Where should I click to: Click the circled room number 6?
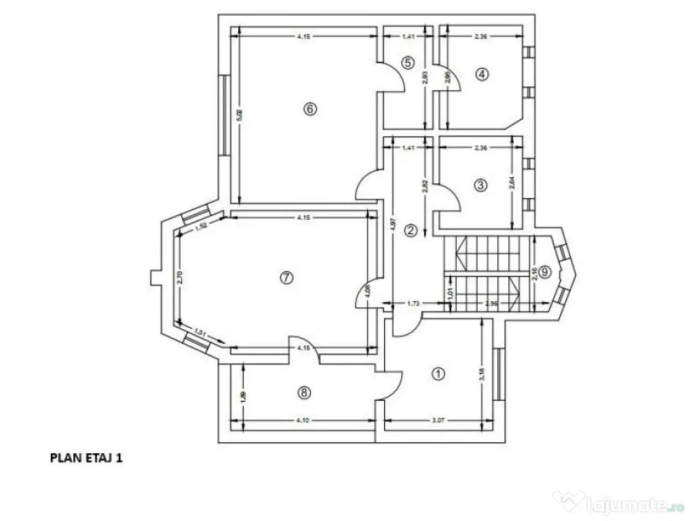pos(309,109)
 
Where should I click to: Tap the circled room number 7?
pos(286,277)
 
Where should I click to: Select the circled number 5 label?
pos(407,63)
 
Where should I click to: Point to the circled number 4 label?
pos(481,74)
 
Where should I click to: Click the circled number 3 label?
pos(480,185)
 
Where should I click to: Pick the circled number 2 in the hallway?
pos(410,231)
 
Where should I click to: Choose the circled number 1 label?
pos(438,373)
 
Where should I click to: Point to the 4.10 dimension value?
pos(303,421)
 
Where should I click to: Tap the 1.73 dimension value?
pos(413,305)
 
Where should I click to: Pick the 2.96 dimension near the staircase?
pos(492,305)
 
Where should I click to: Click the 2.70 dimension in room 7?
pos(181,277)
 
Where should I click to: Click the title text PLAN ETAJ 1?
pos(86,458)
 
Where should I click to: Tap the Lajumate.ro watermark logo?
pos(618,503)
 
